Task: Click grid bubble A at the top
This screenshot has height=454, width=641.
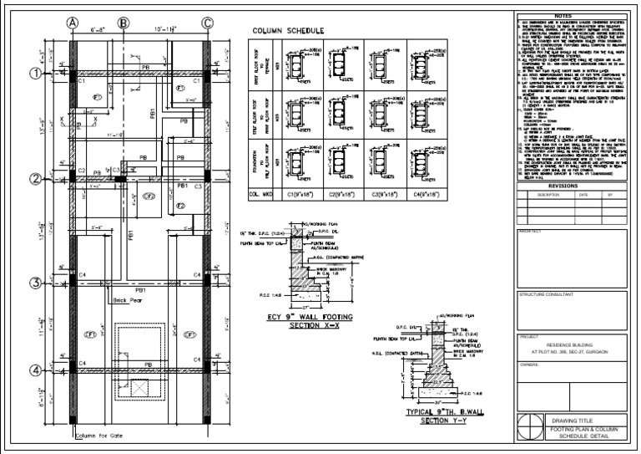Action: click(73, 23)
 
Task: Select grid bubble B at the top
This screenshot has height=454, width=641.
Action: click(124, 23)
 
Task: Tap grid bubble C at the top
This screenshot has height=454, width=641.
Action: click(207, 23)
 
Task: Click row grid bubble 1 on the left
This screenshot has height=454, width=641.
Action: click(36, 74)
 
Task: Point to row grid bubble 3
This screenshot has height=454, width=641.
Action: click(36, 283)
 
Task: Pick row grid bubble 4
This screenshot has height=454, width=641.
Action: click(36, 370)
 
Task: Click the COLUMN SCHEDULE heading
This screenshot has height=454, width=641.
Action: click(289, 31)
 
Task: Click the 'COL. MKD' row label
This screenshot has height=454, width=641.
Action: click(261, 193)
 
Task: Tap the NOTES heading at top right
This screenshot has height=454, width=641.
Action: click(574, 15)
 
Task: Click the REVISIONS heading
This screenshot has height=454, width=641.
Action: click(574, 186)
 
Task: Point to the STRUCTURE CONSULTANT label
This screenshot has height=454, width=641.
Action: click(546, 294)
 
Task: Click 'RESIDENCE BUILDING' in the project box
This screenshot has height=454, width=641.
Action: click(574, 344)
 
